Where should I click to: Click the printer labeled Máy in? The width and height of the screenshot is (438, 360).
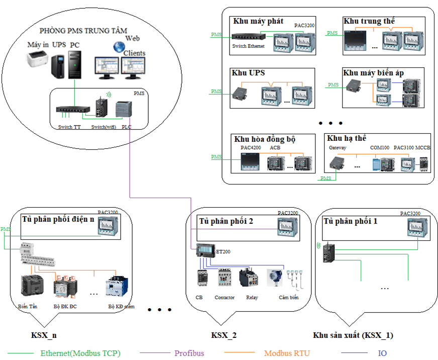coord(38,61)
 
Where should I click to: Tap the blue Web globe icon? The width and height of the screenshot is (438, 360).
coord(119,47)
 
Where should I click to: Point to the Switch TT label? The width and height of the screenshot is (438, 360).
coord(69,127)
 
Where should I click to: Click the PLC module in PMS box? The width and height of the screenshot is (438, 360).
coord(124,110)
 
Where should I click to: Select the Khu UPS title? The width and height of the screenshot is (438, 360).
coord(248,73)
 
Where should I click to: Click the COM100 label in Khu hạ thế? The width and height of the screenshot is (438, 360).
coord(379,148)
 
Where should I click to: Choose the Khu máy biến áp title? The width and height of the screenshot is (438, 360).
coord(373,73)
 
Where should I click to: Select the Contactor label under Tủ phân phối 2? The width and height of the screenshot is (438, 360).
coord(225,298)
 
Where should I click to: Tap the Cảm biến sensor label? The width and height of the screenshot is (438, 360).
coord(288,298)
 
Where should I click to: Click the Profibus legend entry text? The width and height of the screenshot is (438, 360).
coord(189,353)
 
